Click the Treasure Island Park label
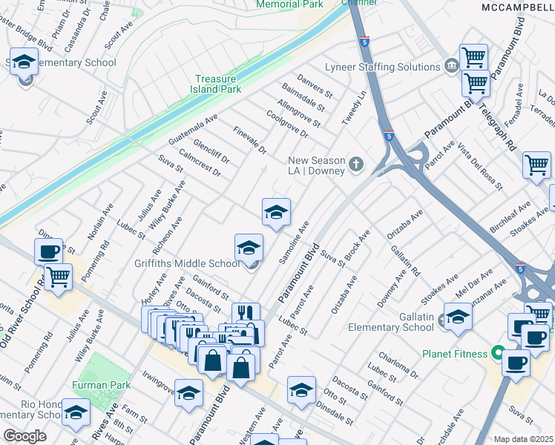coord(218,84)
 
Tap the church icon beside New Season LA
coord(356,164)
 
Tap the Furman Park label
coord(102,385)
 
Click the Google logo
coord(25,436)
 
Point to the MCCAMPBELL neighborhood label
coord(517,7)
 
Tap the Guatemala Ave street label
coord(193,128)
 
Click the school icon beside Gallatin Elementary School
coord(458,317)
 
